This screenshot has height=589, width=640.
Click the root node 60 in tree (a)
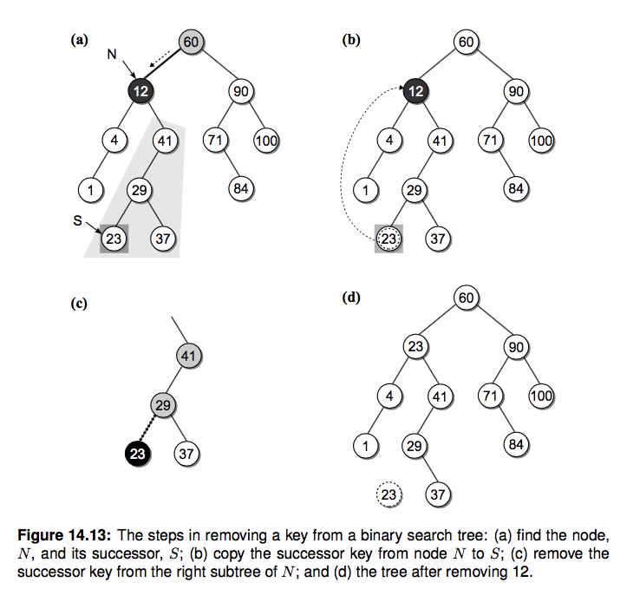click(191, 41)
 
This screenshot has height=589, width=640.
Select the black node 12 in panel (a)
click(139, 89)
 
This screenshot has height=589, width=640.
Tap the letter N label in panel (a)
click(112, 54)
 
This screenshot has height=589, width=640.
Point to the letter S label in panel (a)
click(77, 221)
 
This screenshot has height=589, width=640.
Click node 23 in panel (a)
click(114, 237)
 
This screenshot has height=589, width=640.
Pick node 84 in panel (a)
click(240, 187)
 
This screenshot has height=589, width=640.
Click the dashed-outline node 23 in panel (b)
click(389, 237)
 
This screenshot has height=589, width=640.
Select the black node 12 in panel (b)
click(415, 89)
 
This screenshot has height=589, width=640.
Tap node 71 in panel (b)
click(491, 139)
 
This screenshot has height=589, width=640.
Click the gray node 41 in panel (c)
click(187, 355)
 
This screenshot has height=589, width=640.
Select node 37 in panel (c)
click(186, 453)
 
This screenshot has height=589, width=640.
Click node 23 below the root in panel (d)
click(415, 347)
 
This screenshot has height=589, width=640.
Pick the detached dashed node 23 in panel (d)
click(389, 495)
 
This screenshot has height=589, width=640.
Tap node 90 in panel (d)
click(516, 347)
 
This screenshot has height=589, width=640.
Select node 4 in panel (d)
click(390, 396)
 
